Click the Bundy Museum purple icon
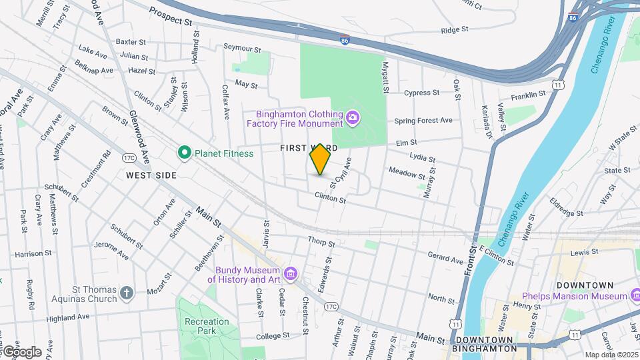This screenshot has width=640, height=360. coord(290,274)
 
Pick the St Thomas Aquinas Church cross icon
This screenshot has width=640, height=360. coord(127,292)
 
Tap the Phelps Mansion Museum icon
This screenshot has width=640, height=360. coord(634,295)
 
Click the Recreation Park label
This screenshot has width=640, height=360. coord(207,326)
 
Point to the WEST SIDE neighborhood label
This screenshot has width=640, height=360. coord(151,175)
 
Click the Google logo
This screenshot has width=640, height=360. coord(21,351)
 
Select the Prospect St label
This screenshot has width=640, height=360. coord(171,16)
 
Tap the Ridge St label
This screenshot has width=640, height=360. coord(455,30)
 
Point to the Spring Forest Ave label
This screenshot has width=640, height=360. coord(423,121)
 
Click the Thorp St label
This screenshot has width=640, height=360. coord(320,240)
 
